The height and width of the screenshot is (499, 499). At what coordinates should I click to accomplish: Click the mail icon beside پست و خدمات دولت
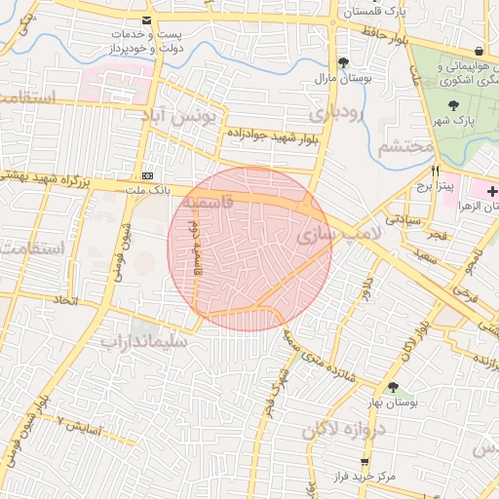[x=146, y=20]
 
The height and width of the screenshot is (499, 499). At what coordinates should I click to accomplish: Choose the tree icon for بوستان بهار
[x=393, y=387]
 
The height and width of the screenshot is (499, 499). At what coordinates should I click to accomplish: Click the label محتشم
[x=404, y=146]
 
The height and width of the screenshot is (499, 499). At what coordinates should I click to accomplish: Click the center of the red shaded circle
[x=249, y=249]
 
